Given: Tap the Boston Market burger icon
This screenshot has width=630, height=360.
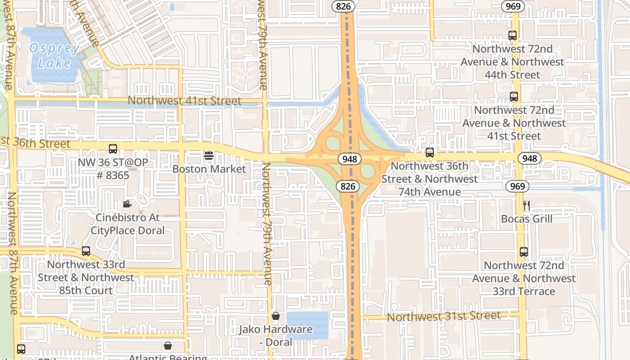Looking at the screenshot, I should click(208, 156).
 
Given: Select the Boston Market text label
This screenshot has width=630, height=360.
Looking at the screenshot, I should click(209, 169).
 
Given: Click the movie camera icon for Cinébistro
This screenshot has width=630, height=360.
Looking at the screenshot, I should click(127, 204).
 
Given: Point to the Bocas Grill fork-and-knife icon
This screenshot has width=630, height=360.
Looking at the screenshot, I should click(526, 206).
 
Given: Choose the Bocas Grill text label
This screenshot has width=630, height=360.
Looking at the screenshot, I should click(526, 219).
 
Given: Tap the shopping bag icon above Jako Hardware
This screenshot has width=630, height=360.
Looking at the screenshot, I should click(276, 316).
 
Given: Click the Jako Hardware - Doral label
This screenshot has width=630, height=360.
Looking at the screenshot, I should click(275, 335).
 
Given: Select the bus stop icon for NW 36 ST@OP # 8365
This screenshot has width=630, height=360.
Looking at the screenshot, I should click(113, 149).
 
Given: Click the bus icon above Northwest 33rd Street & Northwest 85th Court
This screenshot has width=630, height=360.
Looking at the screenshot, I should click(86, 251).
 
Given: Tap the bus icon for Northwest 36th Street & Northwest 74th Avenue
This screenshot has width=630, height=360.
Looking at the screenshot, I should click(430, 153).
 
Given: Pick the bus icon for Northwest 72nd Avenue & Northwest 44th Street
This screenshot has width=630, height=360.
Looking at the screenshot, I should click(512, 36).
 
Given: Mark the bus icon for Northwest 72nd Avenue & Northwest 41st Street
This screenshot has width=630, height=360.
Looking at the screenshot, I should click(513, 97).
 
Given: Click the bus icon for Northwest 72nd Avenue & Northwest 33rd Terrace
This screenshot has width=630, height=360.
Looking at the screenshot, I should click(523, 252).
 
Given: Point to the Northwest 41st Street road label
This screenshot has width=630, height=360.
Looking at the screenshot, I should click(184, 101).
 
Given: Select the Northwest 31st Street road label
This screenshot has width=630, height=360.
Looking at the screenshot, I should click(443, 316).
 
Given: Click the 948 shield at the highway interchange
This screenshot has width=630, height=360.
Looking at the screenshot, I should click(349, 159).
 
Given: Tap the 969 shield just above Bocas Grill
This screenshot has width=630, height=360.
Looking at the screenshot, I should click(518, 186).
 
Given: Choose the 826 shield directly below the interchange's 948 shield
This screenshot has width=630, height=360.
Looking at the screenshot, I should click(348, 186).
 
